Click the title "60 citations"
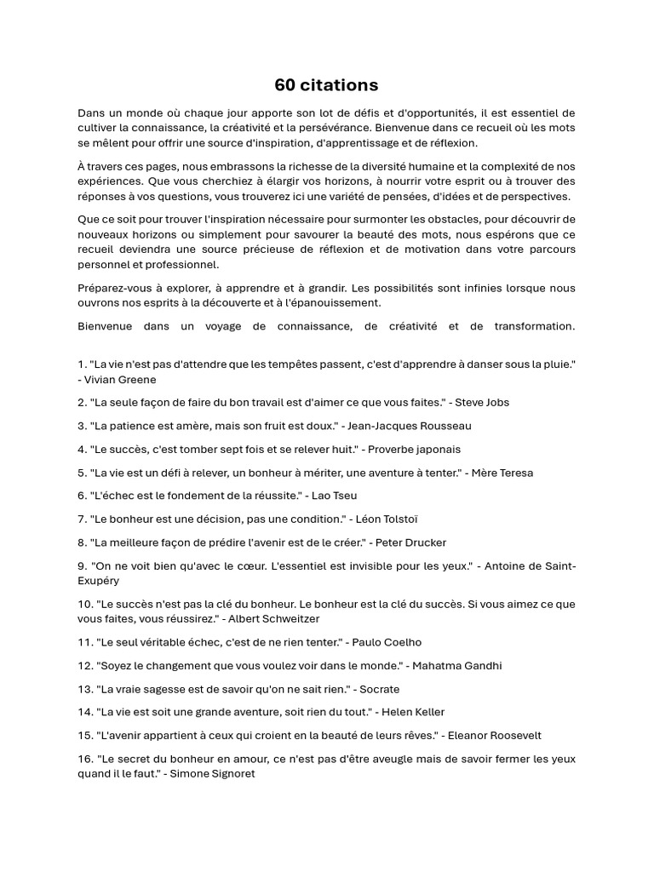coord(326,85)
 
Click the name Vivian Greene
coord(120,380)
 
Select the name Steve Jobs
coord(483,403)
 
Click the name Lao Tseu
coord(336,496)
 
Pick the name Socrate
coord(380,689)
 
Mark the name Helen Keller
coord(413,712)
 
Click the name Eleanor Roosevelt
coord(494,736)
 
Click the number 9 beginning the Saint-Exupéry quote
coord(82,565)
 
